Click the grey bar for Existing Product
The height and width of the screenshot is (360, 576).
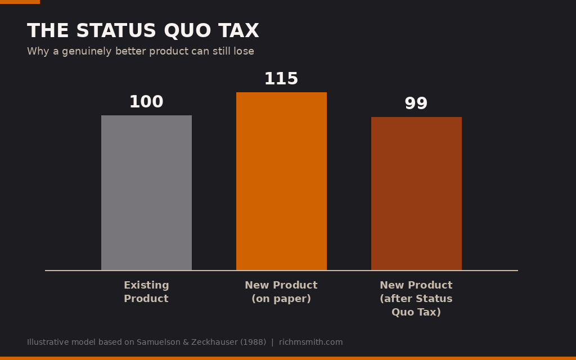(x=146, y=193)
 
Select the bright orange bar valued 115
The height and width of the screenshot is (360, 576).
(x=281, y=181)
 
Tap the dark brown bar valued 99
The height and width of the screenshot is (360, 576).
(x=416, y=193)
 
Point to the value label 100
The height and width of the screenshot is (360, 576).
(x=146, y=102)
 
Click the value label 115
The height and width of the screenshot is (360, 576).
(x=281, y=79)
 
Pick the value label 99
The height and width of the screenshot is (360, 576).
(x=416, y=103)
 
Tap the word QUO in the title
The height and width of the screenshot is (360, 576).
(x=187, y=30)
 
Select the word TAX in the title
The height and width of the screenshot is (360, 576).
(x=238, y=30)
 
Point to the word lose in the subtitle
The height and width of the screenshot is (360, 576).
(x=244, y=51)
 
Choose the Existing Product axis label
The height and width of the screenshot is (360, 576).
(x=146, y=292)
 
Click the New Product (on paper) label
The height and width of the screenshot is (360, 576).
(x=281, y=292)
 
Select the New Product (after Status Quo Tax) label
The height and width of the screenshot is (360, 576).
(x=416, y=298)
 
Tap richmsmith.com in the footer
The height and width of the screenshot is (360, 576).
(x=310, y=342)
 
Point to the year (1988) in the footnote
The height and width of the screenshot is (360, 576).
(x=253, y=342)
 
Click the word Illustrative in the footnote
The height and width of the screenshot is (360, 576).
(x=48, y=342)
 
